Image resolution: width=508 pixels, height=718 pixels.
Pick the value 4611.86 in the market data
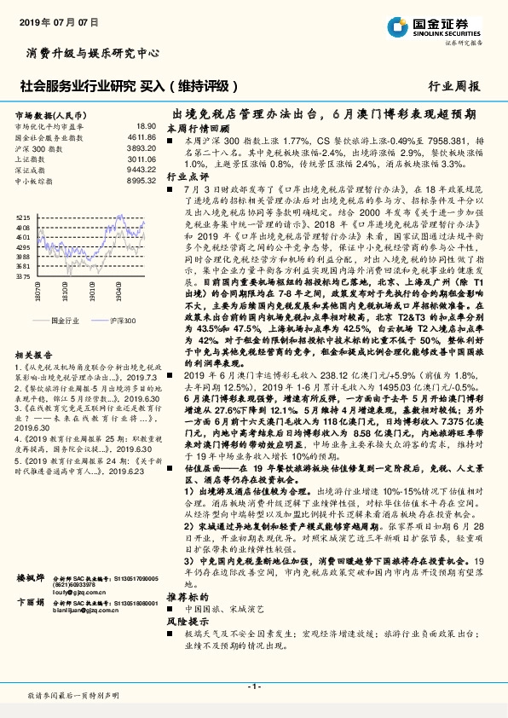click(141, 136)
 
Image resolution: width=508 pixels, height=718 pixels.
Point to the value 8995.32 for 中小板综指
click(141, 181)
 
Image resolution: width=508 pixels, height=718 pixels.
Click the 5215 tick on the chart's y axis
click(23, 217)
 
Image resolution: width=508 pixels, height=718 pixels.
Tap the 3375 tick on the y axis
click(23, 276)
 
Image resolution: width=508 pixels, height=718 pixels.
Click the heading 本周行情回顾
click(193, 128)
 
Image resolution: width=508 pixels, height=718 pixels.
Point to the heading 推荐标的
click(185, 621)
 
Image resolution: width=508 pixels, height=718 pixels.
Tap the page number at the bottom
click(253, 687)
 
